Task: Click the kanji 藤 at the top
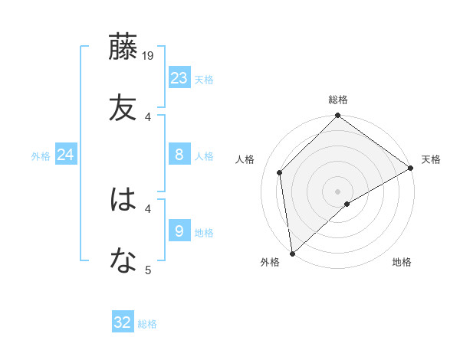(x=123, y=47)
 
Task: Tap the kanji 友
(x=123, y=106)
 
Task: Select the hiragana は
(x=123, y=201)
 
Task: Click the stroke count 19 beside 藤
(x=149, y=55)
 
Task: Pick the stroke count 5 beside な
(x=149, y=270)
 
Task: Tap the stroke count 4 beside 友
(x=149, y=116)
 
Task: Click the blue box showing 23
(x=179, y=78)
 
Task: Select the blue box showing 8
(x=179, y=155)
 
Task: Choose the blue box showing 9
(x=179, y=231)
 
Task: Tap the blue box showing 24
(x=66, y=155)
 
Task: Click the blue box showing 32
(x=123, y=322)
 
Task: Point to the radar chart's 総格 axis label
(x=338, y=100)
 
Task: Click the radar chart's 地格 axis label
(x=402, y=263)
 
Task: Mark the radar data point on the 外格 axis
(x=292, y=253)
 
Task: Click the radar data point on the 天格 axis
(x=411, y=168)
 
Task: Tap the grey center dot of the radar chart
(x=338, y=191)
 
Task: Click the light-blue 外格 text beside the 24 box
(x=41, y=155)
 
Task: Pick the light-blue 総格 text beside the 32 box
(x=147, y=323)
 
